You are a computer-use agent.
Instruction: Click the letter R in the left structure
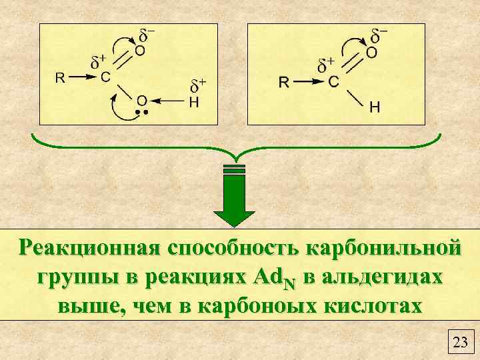click(59, 77)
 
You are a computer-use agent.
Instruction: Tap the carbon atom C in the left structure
click(105, 77)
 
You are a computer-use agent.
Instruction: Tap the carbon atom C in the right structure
click(333, 82)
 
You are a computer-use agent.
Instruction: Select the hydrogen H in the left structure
click(194, 101)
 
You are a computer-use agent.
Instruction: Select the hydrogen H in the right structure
click(375, 107)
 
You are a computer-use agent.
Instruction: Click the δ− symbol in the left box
click(147, 33)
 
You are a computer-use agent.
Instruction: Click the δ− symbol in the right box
click(380, 33)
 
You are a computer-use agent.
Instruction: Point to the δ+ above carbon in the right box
click(326, 65)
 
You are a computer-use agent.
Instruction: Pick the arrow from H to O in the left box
click(169, 101)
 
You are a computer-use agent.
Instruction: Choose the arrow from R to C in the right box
click(309, 82)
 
